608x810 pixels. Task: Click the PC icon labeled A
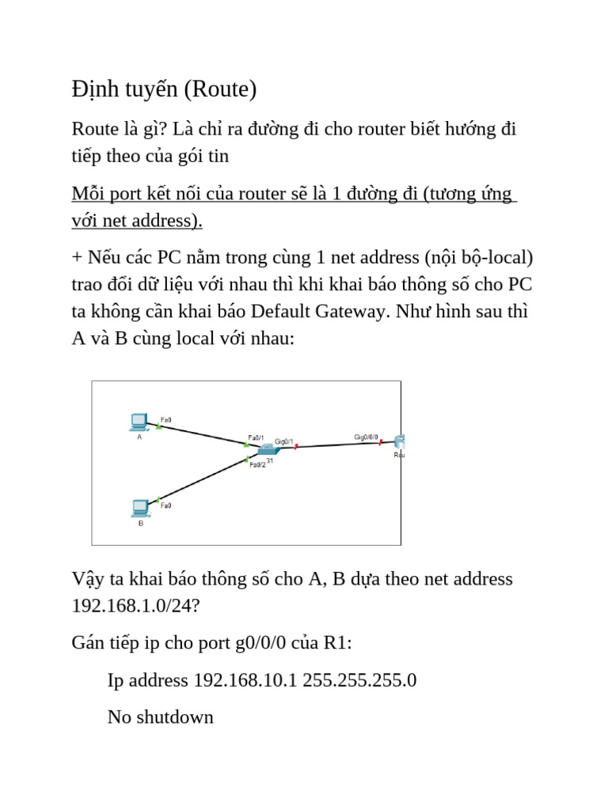coord(139,422)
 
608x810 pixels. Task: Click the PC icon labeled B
coord(140,507)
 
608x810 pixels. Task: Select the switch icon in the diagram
coord(262,450)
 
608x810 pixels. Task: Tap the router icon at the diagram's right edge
coord(398,442)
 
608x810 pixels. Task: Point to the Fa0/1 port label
coord(256,437)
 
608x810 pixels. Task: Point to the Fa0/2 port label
coord(257,465)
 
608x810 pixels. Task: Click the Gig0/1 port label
coord(284,441)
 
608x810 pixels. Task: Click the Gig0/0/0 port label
coord(366,437)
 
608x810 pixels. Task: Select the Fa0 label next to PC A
coord(165,418)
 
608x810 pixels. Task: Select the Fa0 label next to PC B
coord(166,505)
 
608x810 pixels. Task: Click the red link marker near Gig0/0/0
coord(381,443)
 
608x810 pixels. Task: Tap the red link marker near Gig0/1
coord(296,447)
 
